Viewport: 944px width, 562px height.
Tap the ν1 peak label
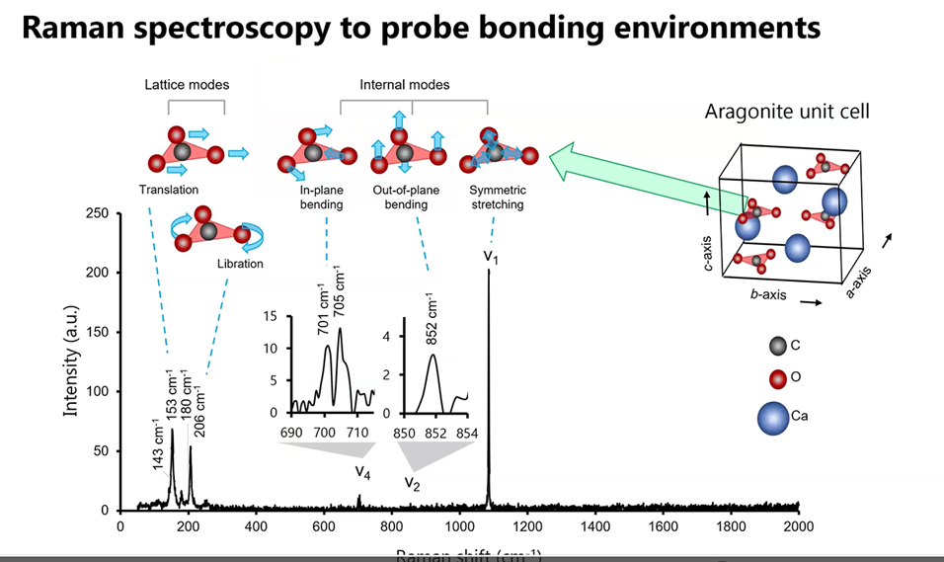tap(491, 256)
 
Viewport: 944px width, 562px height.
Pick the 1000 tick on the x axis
tap(459, 526)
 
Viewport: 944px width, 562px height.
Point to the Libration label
tap(240, 264)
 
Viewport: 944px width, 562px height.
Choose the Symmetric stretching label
tap(496, 197)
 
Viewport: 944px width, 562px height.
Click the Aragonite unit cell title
tap(787, 112)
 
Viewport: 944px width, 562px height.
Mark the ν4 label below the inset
tap(363, 470)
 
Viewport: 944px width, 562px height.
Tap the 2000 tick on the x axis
tap(799, 526)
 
